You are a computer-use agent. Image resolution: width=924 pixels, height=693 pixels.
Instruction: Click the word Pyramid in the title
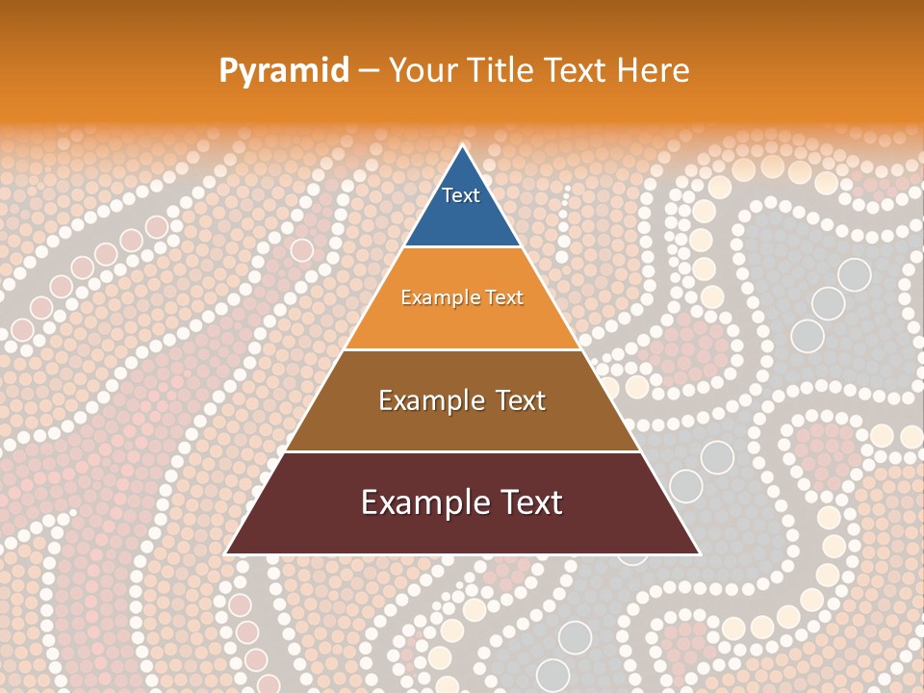[x=284, y=71]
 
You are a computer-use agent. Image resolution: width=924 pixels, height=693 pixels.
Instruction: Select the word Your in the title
[x=422, y=70]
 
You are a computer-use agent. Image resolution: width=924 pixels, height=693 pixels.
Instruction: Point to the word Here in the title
[x=654, y=70]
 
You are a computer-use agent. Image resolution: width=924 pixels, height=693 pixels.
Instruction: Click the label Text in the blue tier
[x=461, y=195]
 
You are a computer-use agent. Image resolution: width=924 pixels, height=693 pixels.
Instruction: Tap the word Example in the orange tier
[x=439, y=297]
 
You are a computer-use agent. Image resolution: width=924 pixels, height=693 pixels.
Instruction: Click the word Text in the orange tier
[x=502, y=297]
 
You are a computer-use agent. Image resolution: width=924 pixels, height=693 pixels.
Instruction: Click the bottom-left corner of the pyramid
[x=226, y=553]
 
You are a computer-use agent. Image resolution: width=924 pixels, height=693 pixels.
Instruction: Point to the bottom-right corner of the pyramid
[x=699, y=553]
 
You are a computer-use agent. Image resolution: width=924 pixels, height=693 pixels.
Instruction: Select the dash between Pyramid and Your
[x=369, y=71]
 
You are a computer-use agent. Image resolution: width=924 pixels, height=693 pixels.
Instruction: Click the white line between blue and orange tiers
[x=462, y=246]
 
